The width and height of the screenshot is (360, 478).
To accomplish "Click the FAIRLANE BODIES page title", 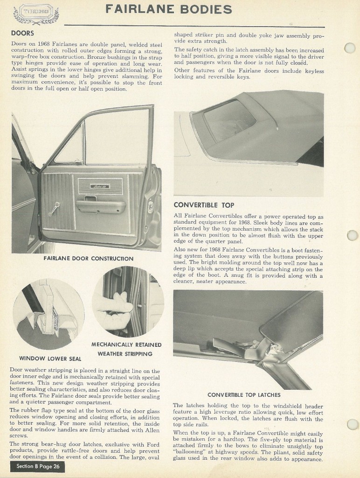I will coord(168,9).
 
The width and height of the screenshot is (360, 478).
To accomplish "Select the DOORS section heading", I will coord(22,33).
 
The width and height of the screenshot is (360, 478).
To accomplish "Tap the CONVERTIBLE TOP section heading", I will coord(204,205).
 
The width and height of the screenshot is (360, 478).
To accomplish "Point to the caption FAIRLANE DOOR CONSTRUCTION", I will coord(89,258).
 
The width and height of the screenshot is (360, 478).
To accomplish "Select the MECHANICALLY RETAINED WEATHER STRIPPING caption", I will coord(126,349).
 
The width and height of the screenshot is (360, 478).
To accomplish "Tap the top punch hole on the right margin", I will coord(349,48).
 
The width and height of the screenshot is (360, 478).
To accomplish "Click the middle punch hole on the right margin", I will coord(353,235).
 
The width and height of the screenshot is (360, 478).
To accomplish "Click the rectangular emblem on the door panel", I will coord(100,185).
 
